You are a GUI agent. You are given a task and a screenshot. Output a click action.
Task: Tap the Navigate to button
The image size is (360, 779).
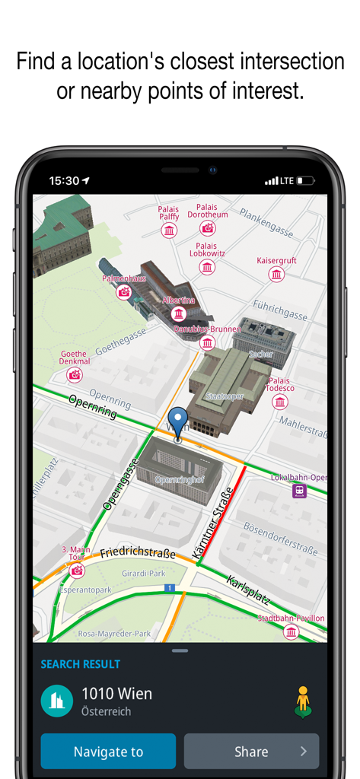108,751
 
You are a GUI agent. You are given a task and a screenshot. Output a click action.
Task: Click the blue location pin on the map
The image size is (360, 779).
178,422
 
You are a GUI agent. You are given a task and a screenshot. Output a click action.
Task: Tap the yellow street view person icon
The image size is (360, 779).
303,701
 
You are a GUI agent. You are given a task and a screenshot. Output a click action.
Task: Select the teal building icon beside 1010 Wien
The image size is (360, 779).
56,701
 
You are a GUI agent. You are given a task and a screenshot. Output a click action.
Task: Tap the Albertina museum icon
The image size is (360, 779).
179,313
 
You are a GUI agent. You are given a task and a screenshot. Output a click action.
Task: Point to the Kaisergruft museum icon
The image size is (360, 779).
276,274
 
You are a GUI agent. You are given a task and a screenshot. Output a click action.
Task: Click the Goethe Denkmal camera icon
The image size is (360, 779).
75,374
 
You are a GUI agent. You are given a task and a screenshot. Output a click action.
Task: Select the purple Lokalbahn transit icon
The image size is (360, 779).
300,491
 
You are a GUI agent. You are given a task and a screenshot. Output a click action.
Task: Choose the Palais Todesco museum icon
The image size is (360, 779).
280,402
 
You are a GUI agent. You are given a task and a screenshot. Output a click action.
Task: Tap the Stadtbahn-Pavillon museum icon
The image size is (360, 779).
292,632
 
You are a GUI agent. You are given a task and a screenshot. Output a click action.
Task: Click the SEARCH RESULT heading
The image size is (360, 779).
81,664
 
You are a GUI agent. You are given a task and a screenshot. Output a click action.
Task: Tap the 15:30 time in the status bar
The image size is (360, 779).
64,181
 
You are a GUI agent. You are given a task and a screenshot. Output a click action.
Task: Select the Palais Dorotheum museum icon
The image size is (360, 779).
207,227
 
